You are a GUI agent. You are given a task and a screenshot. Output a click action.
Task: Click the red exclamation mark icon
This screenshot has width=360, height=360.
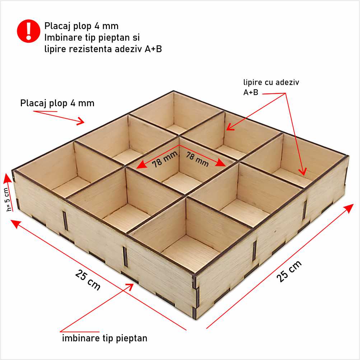(x=28, y=31)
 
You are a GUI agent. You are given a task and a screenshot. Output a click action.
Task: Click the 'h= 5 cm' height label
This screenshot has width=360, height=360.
(x=8, y=199)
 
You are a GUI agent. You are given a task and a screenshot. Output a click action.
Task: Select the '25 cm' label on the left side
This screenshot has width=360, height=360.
(x=88, y=280)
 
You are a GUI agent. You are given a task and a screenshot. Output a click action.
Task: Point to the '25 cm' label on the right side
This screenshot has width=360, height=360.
(x=289, y=271)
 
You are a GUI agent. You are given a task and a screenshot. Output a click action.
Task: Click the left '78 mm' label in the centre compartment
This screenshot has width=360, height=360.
(x=165, y=159)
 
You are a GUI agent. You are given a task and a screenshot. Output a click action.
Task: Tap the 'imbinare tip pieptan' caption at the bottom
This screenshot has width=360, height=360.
(x=105, y=338)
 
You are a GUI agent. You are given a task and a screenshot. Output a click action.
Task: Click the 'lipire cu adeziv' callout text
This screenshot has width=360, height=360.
(x=271, y=82)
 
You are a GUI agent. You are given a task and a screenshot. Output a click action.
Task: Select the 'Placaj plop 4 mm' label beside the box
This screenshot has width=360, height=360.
(x=57, y=103)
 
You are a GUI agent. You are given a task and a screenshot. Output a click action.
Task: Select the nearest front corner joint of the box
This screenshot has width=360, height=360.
(x=195, y=296)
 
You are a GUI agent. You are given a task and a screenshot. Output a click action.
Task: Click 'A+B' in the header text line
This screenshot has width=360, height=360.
(x=153, y=49)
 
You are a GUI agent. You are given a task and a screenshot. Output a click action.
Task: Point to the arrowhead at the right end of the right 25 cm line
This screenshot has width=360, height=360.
(x=350, y=208)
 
